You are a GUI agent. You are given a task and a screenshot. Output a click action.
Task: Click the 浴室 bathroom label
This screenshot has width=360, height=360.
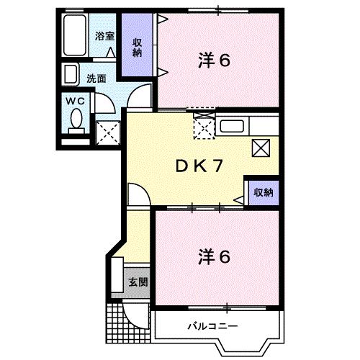coord(105,35)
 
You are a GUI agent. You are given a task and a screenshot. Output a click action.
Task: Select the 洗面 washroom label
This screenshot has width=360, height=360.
coord(96,78)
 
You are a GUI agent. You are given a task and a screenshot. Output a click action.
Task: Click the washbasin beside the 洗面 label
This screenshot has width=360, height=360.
coord(71,75)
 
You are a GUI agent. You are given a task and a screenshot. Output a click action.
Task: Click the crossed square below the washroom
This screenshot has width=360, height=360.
coord(107,132)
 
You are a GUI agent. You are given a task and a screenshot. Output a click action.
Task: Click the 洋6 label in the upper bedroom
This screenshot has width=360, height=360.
coord(214,62)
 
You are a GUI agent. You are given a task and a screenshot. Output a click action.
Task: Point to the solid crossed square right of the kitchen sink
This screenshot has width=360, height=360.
coord(261,148)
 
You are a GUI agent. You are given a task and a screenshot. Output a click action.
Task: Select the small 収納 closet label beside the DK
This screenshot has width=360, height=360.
coord(263,192)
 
